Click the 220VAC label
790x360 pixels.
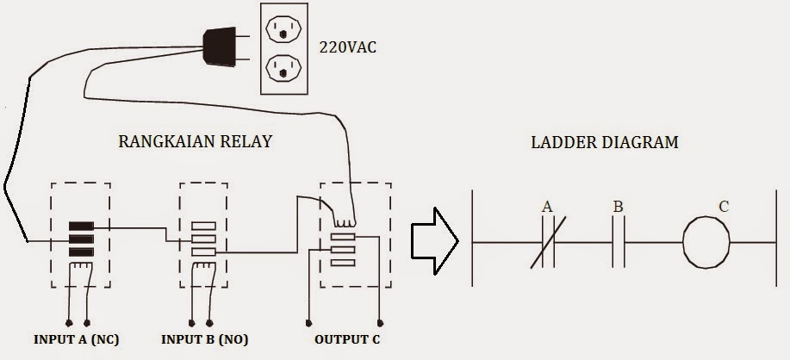coord(348,47)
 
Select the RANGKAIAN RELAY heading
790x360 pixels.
coord(195,141)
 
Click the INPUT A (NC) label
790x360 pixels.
coord(77,339)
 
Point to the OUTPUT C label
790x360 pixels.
coord(346,339)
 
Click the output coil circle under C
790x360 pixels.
coord(706,242)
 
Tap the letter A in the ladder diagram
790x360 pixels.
coord(546,208)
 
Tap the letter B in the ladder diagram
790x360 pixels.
coord(619,208)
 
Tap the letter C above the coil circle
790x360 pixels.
coord(723,207)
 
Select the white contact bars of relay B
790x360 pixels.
coord(203,239)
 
